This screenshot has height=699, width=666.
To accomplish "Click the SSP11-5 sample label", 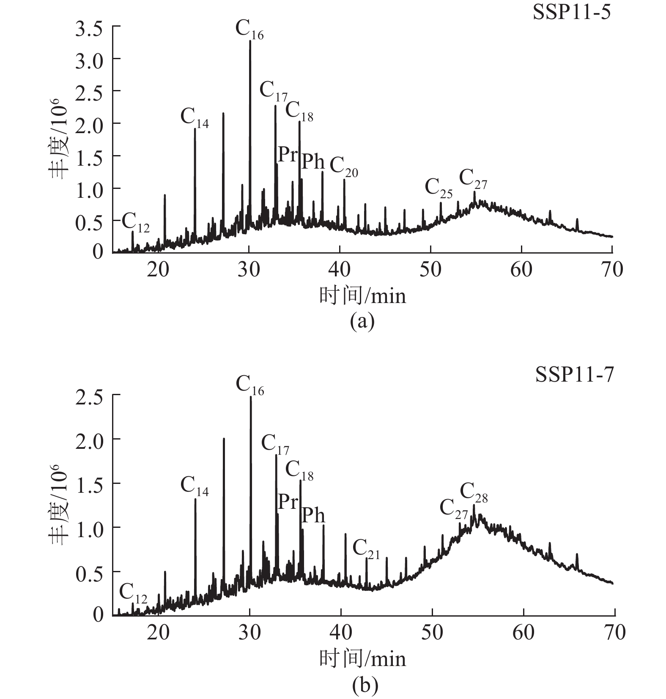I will [x=571, y=12].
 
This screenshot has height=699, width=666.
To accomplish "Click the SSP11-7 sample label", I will [x=574, y=374].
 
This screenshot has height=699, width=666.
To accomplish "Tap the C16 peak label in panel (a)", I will [x=249, y=30].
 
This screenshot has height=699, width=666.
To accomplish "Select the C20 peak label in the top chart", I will [x=343, y=167].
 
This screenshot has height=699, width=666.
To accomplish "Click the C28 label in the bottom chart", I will [x=474, y=493].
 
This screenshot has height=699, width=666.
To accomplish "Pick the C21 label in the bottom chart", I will [x=366, y=549].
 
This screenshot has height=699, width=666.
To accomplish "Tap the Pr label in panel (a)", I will [x=288, y=155].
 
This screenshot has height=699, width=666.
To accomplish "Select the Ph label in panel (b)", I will [x=313, y=516].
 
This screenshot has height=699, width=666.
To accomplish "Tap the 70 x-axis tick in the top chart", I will [x=612, y=269].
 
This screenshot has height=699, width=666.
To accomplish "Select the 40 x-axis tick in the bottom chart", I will [x=340, y=632].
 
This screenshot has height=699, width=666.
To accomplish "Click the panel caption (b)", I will [x=365, y=685].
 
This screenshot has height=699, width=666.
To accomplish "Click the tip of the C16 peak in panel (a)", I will [x=250, y=41].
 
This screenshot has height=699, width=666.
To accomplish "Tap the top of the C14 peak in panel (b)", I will [x=195, y=499].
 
